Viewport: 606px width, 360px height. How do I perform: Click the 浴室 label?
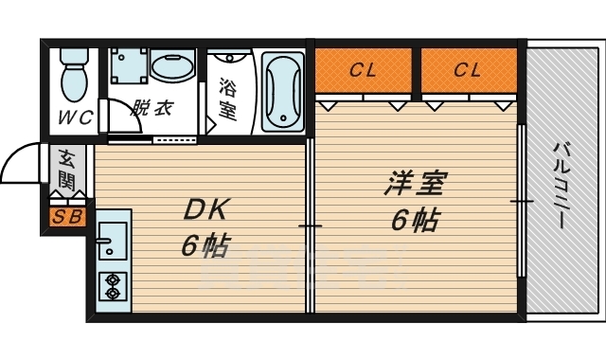[x=227, y=97]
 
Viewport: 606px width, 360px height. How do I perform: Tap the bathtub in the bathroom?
[x=281, y=91]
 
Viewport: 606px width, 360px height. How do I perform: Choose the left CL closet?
[x=363, y=69]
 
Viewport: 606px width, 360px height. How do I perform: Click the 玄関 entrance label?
[x=67, y=168]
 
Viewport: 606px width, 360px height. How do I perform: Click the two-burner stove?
[x=114, y=286]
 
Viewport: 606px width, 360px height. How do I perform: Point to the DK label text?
[x=203, y=210]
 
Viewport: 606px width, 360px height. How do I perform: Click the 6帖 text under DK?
[x=203, y=246]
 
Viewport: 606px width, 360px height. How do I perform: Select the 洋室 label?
[x=415, y=183]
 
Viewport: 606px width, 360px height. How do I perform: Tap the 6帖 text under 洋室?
[x=415, y=221]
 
